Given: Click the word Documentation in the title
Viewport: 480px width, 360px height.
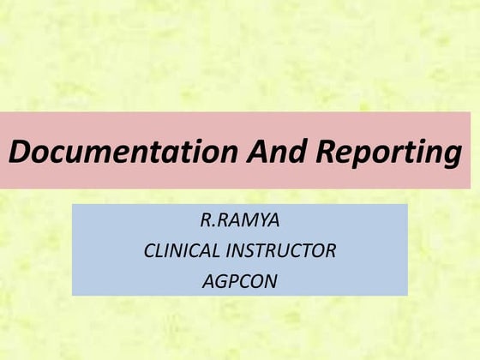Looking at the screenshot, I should coord(123,152).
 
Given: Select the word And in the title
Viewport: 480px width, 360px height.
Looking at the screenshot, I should coord(273,152).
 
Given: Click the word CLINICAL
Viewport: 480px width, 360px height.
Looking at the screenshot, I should coord(181,251).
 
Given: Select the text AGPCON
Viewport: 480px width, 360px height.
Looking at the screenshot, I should coord(240,280).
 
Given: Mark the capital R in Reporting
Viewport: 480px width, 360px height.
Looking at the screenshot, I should coord(325,152).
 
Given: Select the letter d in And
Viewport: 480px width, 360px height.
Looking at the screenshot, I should coord(291,152).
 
